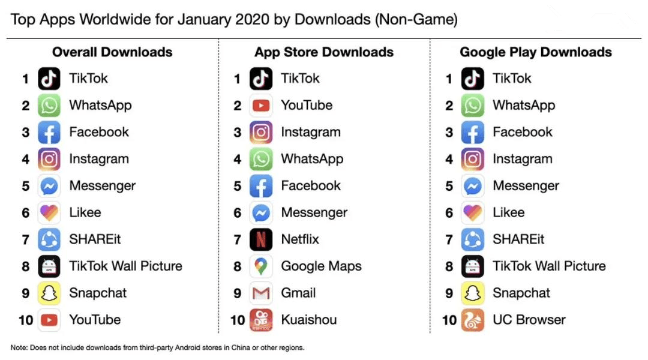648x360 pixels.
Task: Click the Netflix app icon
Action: (x=261, y=239)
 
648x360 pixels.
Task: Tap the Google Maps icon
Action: (x=261, y=266)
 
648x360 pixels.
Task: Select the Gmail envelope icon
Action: (x=261, y=293)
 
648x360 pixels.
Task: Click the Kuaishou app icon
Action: (x=261, y=320)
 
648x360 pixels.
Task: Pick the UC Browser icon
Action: (x=473, y=320)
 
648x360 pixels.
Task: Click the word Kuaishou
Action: (x=309, y=320)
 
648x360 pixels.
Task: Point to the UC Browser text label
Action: (x=529, y=320)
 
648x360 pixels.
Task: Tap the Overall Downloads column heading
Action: (x=112, y=52)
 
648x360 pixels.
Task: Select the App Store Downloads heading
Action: (x=324, y=52)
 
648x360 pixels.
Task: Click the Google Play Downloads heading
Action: (x=536, y=52)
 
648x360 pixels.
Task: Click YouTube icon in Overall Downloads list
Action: (x=49, y=320)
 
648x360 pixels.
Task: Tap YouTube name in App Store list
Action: (x=307, y=105)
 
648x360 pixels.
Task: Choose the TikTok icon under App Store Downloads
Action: (x=261, y=79)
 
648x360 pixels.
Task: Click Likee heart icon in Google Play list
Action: (x=473, y=212)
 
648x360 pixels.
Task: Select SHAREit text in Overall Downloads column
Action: (x=95, y=239)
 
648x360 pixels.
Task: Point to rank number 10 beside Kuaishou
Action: (x=238, y=320)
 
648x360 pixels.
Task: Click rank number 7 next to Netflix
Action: (x=238, y=239)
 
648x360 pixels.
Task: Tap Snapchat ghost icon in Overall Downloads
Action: (x=49, y=293)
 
